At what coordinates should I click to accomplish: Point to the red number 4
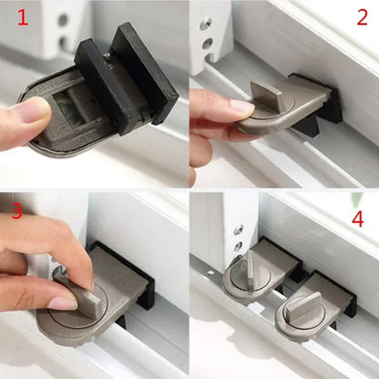pos(358,220)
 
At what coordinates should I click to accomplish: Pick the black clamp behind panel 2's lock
pos(323,96)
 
